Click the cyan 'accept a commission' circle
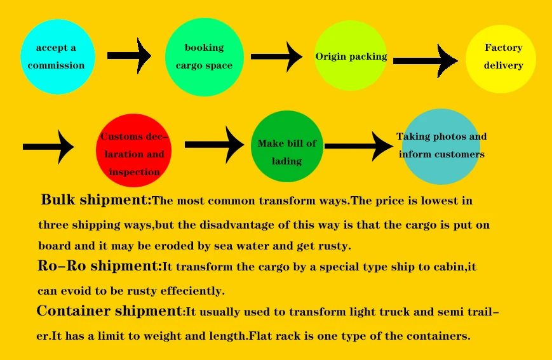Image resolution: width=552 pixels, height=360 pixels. coord(58,57)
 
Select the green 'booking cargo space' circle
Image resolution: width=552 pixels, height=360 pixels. coord(204,57)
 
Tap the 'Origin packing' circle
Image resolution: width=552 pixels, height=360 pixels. coord(351,57)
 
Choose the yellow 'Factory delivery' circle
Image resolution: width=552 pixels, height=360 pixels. coord(501,58)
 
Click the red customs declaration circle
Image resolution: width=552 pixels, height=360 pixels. coord(134,151)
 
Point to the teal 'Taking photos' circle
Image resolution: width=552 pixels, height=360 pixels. coord(441,147)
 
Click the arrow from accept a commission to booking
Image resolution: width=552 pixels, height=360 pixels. coord(130,56)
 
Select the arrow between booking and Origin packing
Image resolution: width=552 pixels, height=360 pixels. coord(277,57)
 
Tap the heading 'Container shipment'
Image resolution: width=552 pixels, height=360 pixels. coord(109,312)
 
